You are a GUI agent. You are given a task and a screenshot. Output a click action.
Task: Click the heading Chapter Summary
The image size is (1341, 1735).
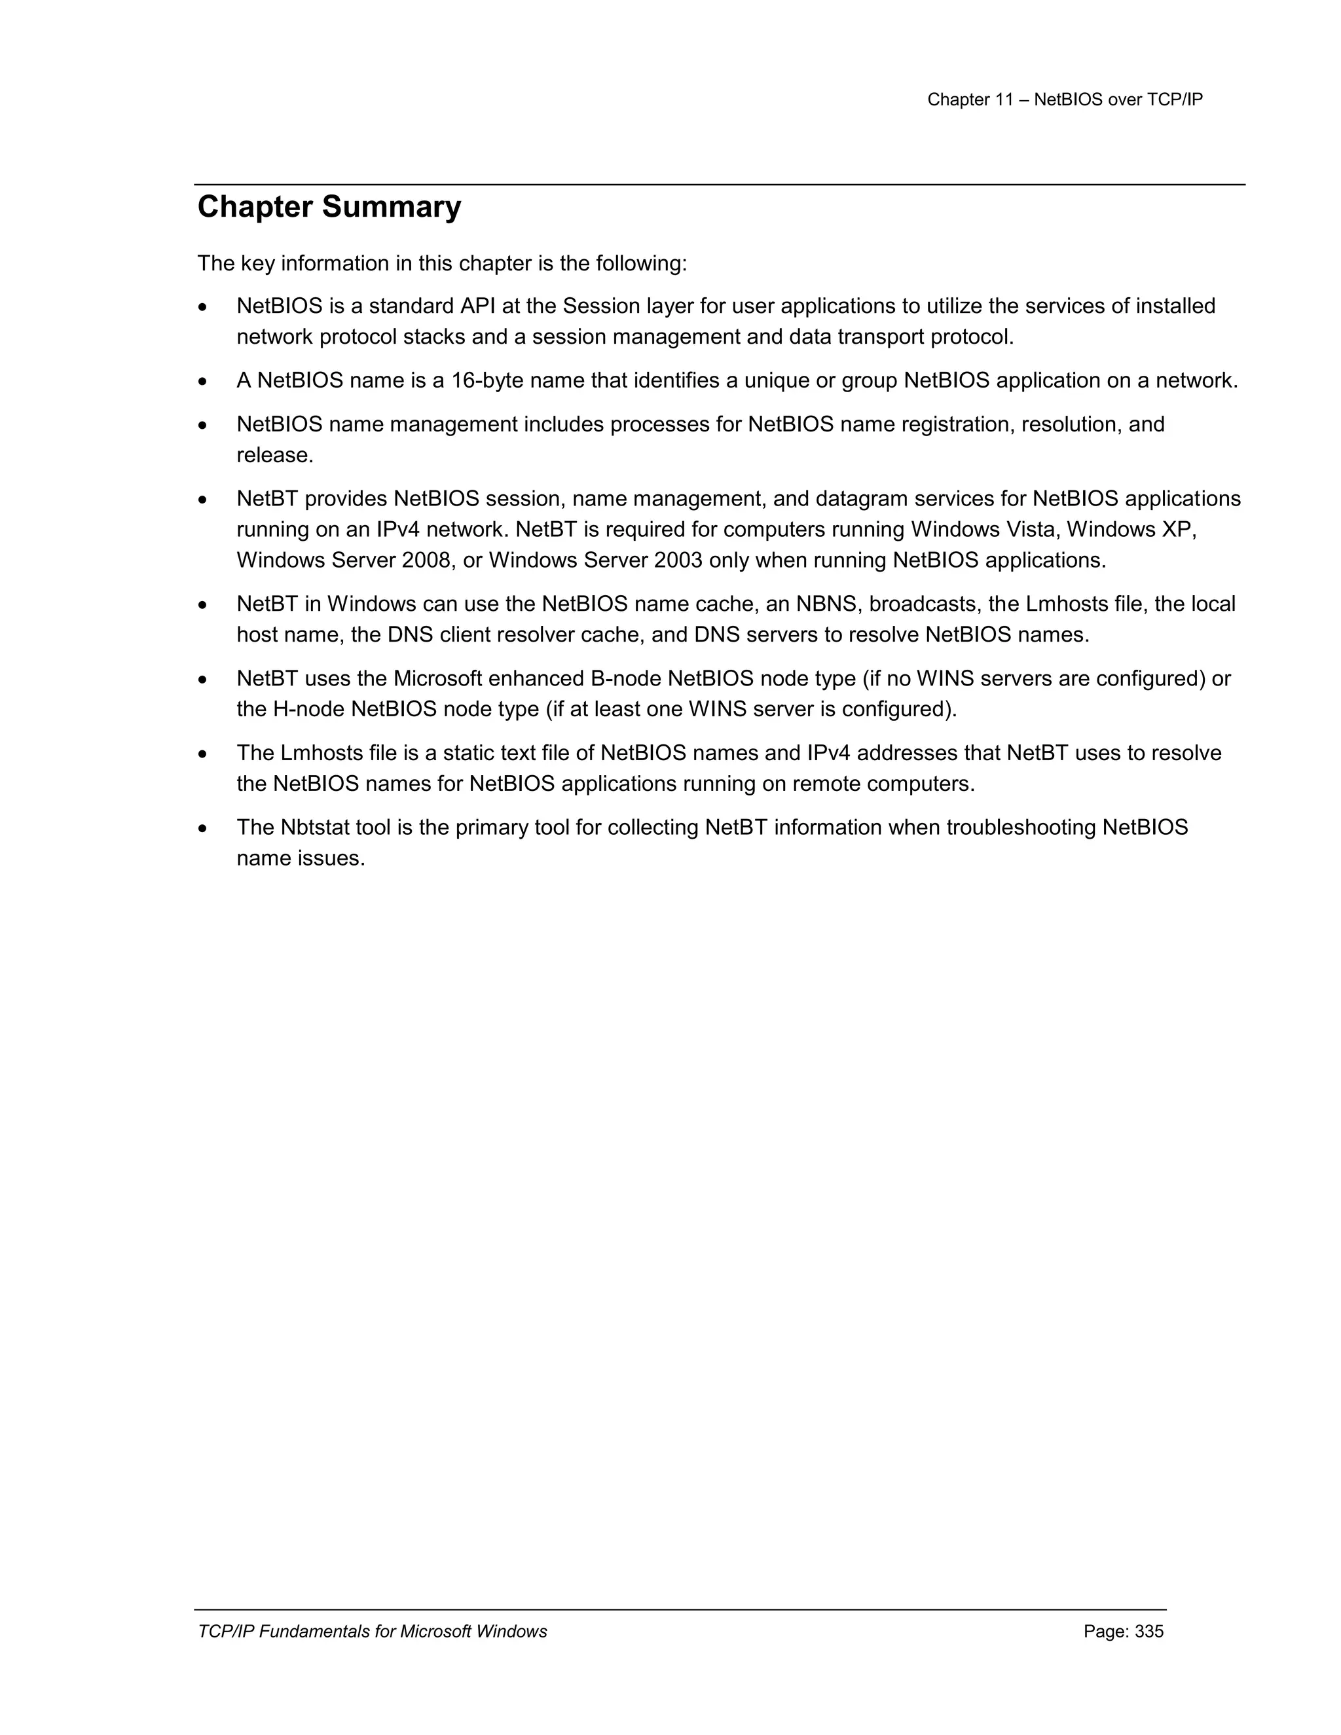coord(329,208)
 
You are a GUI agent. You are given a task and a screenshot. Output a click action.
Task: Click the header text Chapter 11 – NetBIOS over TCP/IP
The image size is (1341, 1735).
coord(1065,100)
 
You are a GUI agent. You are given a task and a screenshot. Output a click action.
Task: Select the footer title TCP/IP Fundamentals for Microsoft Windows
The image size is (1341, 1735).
coord(372,1632)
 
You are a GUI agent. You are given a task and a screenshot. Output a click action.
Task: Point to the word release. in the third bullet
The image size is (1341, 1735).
coord(275,456)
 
